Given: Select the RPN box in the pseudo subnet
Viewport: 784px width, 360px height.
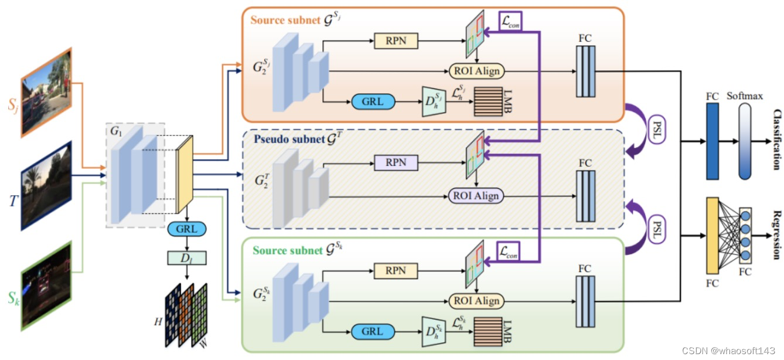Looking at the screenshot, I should click(x=397, y=162).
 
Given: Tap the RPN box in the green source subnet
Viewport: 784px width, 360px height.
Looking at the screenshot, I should click(x=397, y=270).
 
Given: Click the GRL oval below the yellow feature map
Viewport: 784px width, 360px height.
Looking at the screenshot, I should click(x=186, y=229).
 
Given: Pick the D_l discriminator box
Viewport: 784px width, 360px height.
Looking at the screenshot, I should click(x=186, y=257).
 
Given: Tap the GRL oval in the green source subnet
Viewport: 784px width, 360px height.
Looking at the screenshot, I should click(x=372, y=331).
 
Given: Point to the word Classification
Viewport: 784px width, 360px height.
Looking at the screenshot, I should click(x=776, y=139).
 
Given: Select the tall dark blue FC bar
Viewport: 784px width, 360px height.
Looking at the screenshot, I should click(x=713, y=141).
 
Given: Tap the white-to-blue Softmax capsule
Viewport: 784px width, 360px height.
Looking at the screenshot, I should click(x=745, y=141).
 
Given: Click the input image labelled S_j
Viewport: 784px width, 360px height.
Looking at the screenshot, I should click(x=46, y=93).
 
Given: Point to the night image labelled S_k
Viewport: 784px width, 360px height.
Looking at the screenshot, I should click(x=46, y=283).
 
